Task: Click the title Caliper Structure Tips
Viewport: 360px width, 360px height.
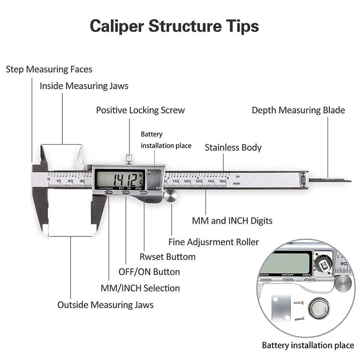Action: pos(174,26)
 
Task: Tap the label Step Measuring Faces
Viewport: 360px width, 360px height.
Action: pos(49,69)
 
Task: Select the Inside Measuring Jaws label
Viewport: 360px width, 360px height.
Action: pos(84,86)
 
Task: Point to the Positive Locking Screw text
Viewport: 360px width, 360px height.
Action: pos(140,110)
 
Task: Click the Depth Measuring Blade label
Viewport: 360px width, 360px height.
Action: pos(298,110)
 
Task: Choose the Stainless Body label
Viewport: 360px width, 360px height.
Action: pos(233,148)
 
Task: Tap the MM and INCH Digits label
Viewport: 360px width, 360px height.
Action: pos(232,221)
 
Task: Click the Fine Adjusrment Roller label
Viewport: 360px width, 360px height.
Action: pos(214,242)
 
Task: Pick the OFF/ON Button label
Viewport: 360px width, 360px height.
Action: pos(149,272)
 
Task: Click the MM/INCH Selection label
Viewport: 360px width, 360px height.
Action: pos(139,288)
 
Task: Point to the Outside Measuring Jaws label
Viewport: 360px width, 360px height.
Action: pos(105,305)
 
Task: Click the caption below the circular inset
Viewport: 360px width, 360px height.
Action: pos(308,346)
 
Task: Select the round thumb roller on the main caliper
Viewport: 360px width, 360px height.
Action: pos(170,196)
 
